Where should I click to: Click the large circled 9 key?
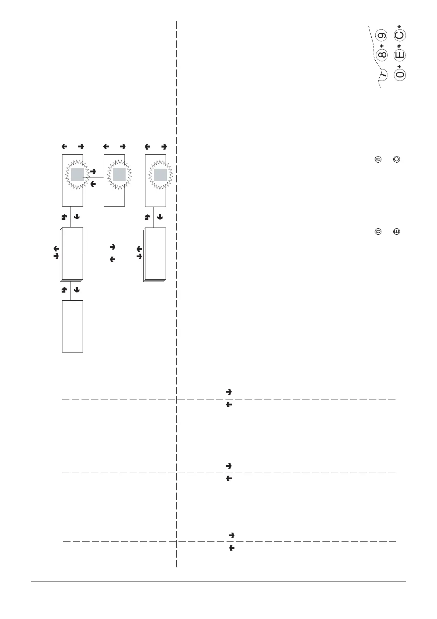click(383, 36)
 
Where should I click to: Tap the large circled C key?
click(400, 35)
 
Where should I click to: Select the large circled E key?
click(400, 55)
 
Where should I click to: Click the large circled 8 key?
click(383, 56)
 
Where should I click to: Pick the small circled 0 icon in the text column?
click(378, 232)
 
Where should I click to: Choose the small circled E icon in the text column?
click(396, 232)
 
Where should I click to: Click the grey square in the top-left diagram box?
click(77, 175)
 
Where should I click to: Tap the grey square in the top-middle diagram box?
click(119, 175)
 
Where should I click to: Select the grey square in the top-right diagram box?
click(160, 175)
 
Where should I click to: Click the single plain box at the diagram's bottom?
click(72, 326)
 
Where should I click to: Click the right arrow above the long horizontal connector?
click(113, 247)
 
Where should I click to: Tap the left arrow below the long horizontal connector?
click(113, 260)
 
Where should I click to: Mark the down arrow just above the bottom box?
click(77, 290)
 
